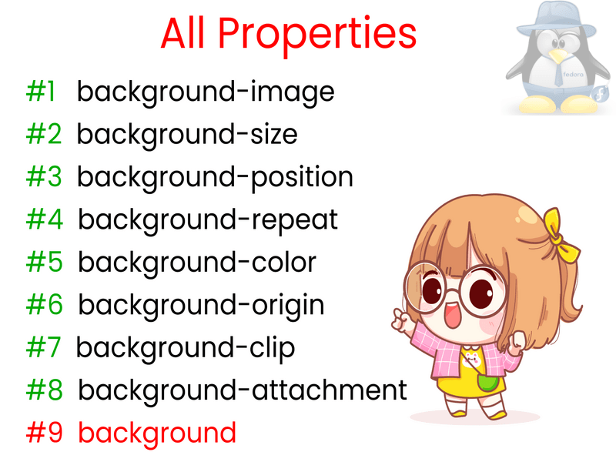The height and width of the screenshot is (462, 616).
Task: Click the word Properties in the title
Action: pyautogui.click(x=317, y=35)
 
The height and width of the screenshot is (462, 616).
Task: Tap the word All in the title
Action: pyautogui.click(x=182, y=33)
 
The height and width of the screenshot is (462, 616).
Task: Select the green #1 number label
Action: pyautogui.click(x=41, y=92)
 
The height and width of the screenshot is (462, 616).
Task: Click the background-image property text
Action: pyautogui.click(x=206, y=93)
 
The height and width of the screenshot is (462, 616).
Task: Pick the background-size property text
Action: pyautogui.click(x=187, y=136)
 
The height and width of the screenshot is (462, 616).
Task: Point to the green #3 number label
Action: pyautogui.click(x=44, y=177)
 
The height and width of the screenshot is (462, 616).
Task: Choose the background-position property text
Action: pyautogui.click(x=215, y=179)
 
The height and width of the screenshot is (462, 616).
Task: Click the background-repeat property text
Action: pyautogui.click(x=208, y=221)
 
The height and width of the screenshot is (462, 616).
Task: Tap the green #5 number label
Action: pyautogui.click(x=44, y=262)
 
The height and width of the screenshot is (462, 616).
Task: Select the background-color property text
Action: pyautogui.click(x=197, y=262)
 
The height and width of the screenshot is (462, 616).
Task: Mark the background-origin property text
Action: pyautogui.click(x=201, y=306)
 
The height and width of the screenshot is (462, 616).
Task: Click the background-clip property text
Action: pyautogui.click(x=186, y=350)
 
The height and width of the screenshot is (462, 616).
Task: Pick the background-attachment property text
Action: pyautogui.click(x=243, y=390)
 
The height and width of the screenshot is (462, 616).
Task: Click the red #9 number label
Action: pyautogui.click(x=44, y=433)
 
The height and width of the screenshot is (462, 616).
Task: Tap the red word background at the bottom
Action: pyautogui.click(x=157, y=434)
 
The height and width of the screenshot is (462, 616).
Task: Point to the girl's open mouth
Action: pyautogui.click(x=452, y=315)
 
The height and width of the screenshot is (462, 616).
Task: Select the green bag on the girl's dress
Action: pyautogui.click(x=488, y=382)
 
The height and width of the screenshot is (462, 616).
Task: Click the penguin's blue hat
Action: pyautogui.click(x=556, y=20)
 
